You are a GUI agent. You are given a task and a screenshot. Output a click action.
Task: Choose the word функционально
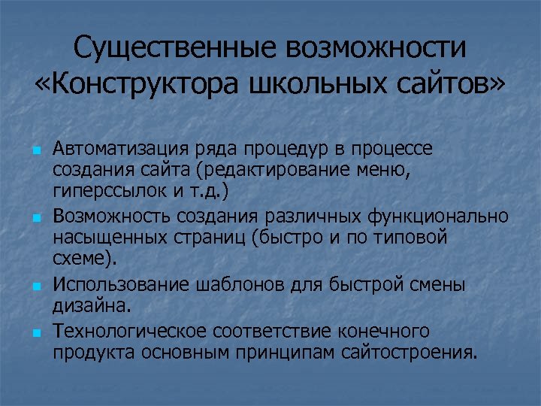pyautogui.click(x=438, y=217)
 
